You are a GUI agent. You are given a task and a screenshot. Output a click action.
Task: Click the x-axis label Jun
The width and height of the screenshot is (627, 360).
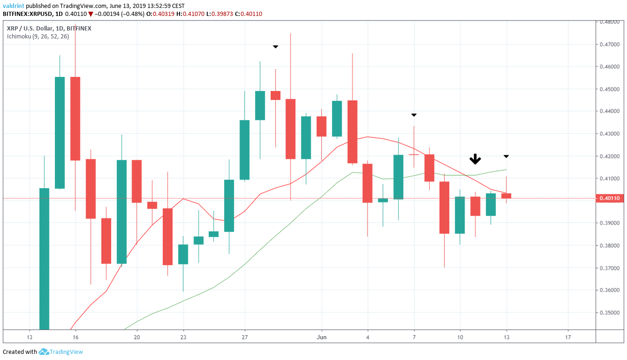click(322, 337)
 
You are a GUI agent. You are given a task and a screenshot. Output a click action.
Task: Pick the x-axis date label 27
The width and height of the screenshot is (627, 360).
click(244, 337)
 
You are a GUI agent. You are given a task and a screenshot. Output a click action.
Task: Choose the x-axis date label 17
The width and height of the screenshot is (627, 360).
click(568, 337)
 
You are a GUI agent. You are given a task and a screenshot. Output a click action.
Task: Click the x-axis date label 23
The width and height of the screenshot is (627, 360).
click(183, 337)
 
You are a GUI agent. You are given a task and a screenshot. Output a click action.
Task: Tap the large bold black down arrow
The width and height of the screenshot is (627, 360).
click(476, 159)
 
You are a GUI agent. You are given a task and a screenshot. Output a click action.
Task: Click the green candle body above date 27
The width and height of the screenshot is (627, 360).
click(244, 150)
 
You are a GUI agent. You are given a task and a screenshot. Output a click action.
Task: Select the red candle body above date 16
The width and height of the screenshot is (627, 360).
click(75, 119)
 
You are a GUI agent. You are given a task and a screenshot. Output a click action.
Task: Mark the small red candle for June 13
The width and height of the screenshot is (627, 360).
click(506, 196)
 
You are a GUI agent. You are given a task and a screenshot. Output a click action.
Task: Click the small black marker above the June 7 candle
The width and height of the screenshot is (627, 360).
click(414, 115)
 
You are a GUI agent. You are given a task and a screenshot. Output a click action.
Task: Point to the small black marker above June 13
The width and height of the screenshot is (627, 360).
click(506, 156)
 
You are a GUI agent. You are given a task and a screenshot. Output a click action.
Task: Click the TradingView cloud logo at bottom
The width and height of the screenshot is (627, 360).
click(44, 352)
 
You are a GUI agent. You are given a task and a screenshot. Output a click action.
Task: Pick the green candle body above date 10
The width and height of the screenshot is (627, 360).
click(460, 215)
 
